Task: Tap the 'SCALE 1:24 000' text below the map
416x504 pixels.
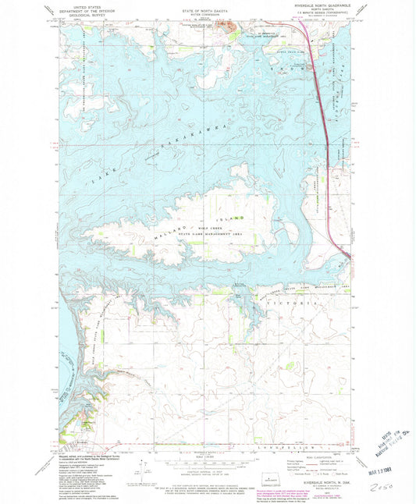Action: [x=206, y=456]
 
